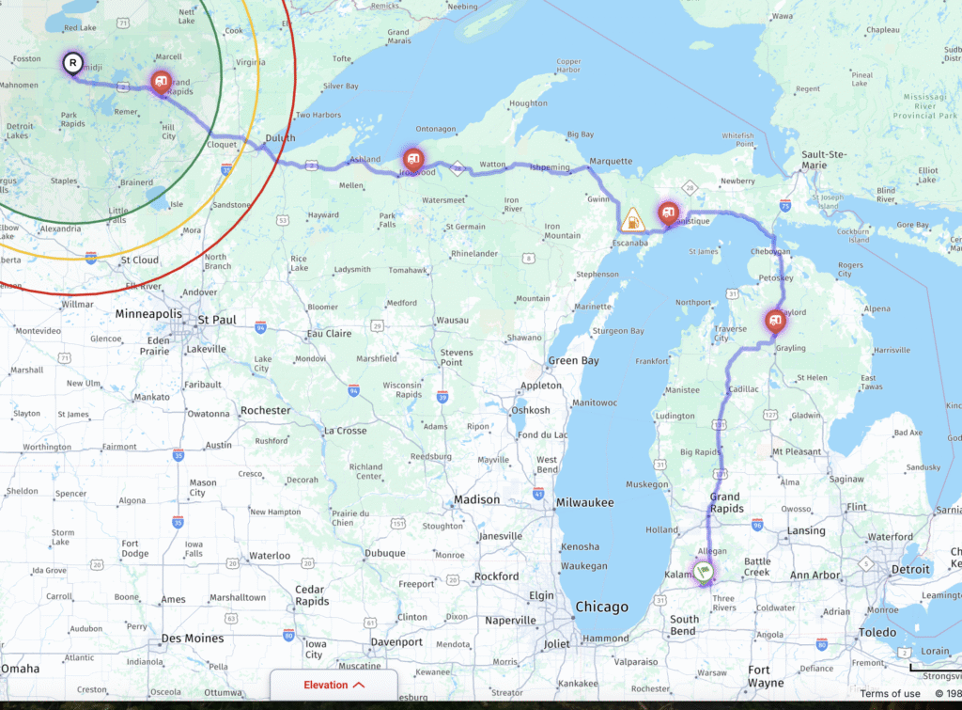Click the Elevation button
point(334,685)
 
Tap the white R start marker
point(72,64)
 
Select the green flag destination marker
point(705,570)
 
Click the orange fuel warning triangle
point(634,221)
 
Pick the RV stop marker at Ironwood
point(413,159)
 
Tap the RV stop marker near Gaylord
point(775,321)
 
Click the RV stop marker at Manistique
point(668,213)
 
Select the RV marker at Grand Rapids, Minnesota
point(162,82)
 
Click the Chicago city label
point(602,607)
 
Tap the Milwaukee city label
point(583,502)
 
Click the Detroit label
point(909,569)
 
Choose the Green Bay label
point(574,361)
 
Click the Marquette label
point(611,161)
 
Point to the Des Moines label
point(192,639)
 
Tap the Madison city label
point(476,500)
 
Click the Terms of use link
point(890,694)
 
